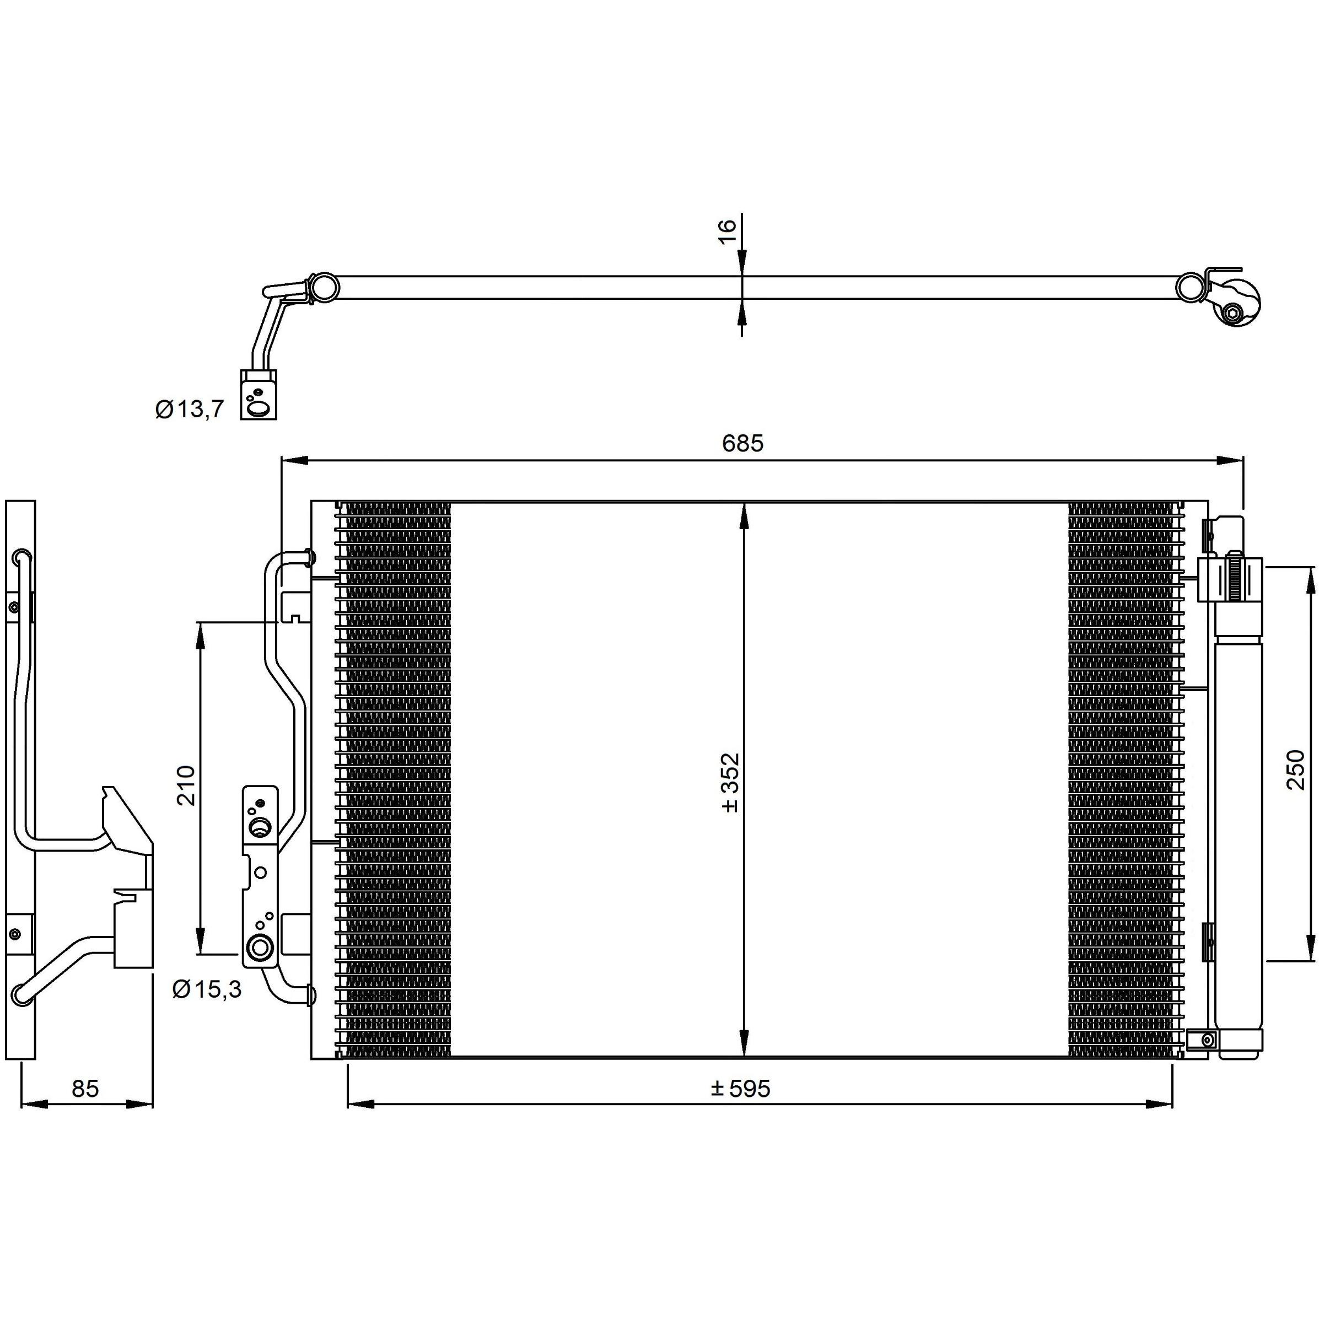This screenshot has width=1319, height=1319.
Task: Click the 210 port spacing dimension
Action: (186, 785)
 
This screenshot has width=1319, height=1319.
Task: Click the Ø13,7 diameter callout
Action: (189, 410)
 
